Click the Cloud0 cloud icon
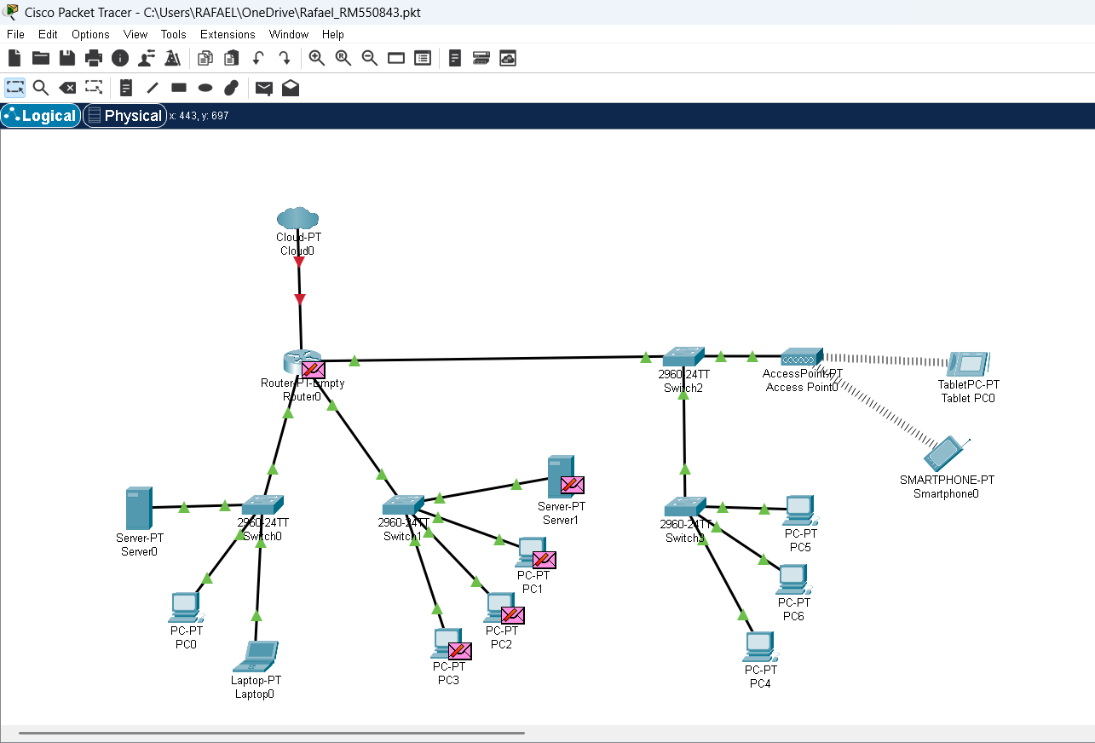297,218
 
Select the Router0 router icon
297,362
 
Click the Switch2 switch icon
683,356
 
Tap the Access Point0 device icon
801,356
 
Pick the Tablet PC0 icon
968,365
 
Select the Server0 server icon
138,508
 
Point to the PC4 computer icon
758,647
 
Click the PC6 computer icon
792,579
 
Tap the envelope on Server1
572,485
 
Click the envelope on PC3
459,651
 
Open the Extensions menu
228,34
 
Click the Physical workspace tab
125,116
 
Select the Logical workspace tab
41,116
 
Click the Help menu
333,34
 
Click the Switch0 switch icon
262,505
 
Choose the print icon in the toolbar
94,58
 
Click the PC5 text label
800,547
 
